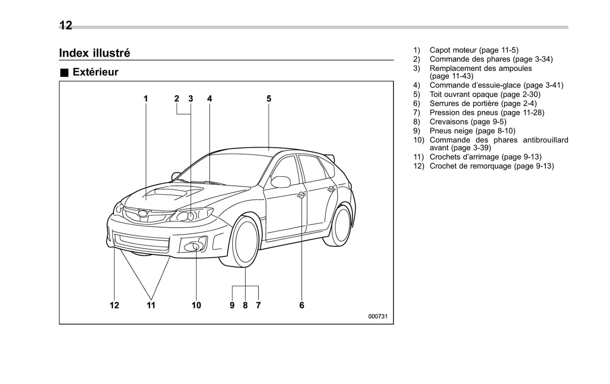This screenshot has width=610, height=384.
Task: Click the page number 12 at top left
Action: (x=66, y=25)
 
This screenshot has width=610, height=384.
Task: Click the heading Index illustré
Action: (x=95, y=53)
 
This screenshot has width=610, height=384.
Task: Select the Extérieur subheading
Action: (x=95, y=72)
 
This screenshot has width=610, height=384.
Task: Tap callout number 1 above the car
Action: (x=146, y=99)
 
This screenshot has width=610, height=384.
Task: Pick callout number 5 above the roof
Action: (x=269, y=99)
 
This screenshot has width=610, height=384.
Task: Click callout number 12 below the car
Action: (x=114, y=305)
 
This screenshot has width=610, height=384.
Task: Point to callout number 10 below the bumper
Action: (x=196, y=305)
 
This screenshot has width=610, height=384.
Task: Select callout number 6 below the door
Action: (x=302, y=305)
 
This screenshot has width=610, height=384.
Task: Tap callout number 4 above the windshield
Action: (x=209, y=99)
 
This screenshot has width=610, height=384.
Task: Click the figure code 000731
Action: (x=377, y=316)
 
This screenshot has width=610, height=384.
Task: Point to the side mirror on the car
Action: (x=281, y=182)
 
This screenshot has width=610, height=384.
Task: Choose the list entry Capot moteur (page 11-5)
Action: (x=474, y=50)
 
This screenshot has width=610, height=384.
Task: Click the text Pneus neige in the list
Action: (x=451, y=131)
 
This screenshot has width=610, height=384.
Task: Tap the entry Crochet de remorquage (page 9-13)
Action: (x=491, y=166)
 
